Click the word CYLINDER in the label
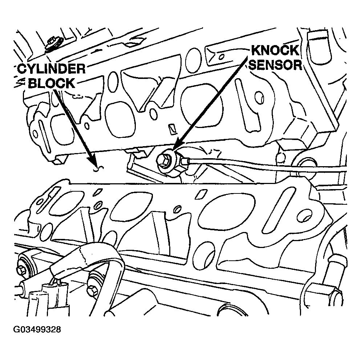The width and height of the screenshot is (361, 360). pos(51,69)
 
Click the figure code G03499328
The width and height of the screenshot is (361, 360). pos(37,330)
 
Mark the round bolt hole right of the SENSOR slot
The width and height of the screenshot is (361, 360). pos(259,96)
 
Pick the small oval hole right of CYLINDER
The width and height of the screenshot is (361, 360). pos(113,80)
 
